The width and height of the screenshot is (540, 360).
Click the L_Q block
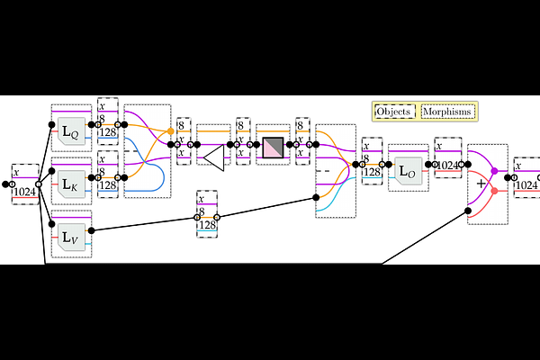point(70,134)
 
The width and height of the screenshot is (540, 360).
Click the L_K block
point(70,185)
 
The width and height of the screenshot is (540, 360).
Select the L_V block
point(70,238)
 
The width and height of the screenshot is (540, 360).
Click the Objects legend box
point(393,111)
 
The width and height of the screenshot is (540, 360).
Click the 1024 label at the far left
point(25,190)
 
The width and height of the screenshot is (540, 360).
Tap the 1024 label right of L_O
point(448,165)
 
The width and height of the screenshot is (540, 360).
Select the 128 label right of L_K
point(108,184)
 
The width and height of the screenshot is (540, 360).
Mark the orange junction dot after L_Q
point(171,131)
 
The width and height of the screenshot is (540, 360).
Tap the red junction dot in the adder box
point(494,191)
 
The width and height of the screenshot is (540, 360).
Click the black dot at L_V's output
point(92,230)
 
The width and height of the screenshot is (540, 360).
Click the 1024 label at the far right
point(526,184)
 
